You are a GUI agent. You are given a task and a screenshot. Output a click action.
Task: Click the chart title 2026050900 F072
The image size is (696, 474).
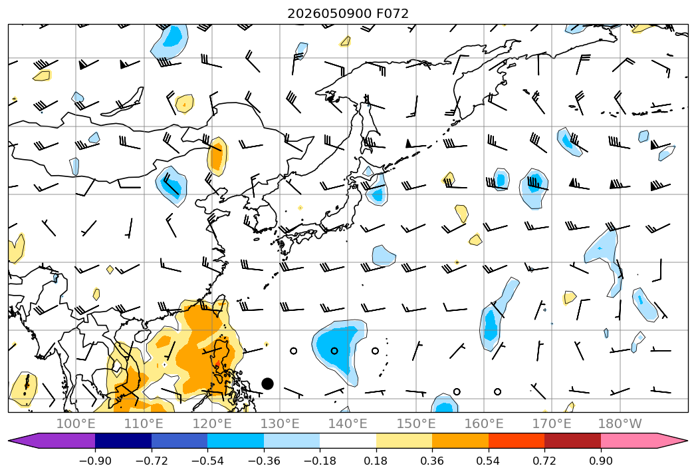coord(348,13)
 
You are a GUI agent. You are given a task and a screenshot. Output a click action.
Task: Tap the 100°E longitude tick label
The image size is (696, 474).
coord(76,423)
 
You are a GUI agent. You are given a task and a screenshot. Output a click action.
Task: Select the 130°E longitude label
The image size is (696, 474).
coord(280,423)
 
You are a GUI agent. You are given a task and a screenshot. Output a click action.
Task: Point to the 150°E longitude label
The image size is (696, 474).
coord(416,423)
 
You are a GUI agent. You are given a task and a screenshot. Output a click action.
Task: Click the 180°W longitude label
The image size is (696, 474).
coord(620,423)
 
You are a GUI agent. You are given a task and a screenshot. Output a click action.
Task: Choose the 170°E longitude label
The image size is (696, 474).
coord(552,423)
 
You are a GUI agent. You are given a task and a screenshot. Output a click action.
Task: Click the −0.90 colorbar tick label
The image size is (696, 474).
coord(95,461)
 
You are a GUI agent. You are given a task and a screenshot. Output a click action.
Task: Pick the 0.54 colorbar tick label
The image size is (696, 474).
coord(489,461)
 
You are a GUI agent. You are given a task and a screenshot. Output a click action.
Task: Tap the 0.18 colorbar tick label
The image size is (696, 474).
coord(376,461)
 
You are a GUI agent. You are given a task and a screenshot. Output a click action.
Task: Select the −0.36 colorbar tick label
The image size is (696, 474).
coord(264,461)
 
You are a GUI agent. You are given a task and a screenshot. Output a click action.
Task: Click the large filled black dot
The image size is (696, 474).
coord(267,383)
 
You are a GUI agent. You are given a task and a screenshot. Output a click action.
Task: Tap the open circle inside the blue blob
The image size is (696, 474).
coord(334,351)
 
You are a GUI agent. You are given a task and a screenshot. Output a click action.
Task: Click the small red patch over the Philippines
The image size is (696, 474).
coord(217,365)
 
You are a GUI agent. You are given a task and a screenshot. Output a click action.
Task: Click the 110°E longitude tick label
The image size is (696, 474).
coord(144,423)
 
